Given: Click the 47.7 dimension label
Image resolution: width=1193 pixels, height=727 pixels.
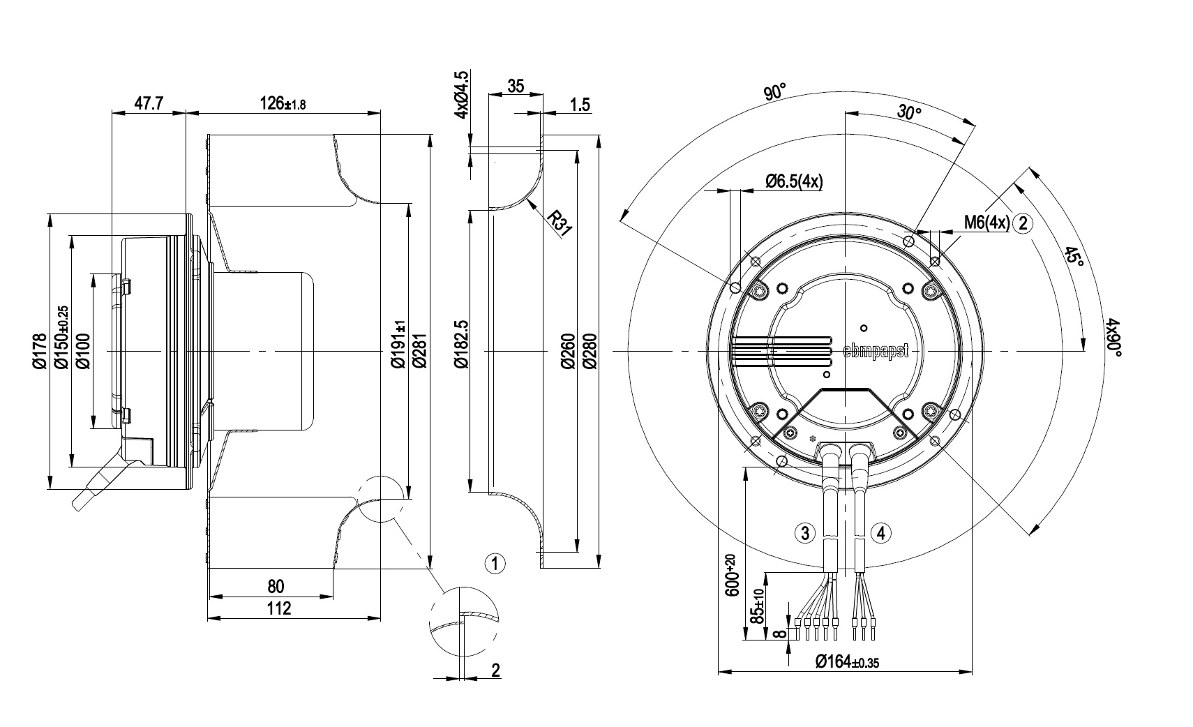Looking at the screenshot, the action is (x=149, y=103).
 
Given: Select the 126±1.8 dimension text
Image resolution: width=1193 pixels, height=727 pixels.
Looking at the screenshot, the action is (x=283, y=103).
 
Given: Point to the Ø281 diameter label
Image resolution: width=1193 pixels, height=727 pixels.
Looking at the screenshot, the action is (x=419, y=351).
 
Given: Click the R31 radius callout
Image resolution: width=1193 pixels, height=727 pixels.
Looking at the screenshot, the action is (x=560, y=223).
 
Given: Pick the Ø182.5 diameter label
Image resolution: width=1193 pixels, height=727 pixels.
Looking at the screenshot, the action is (x=460, y=345).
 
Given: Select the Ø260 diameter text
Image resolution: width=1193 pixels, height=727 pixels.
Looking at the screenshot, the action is (x=569, y=351).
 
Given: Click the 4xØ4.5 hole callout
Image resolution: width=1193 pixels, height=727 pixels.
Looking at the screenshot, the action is (x=462, y=94).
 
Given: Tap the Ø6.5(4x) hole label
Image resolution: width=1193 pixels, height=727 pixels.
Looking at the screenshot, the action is (x=794, y=181).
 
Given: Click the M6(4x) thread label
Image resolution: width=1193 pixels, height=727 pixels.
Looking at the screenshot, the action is (x=987, y=222).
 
